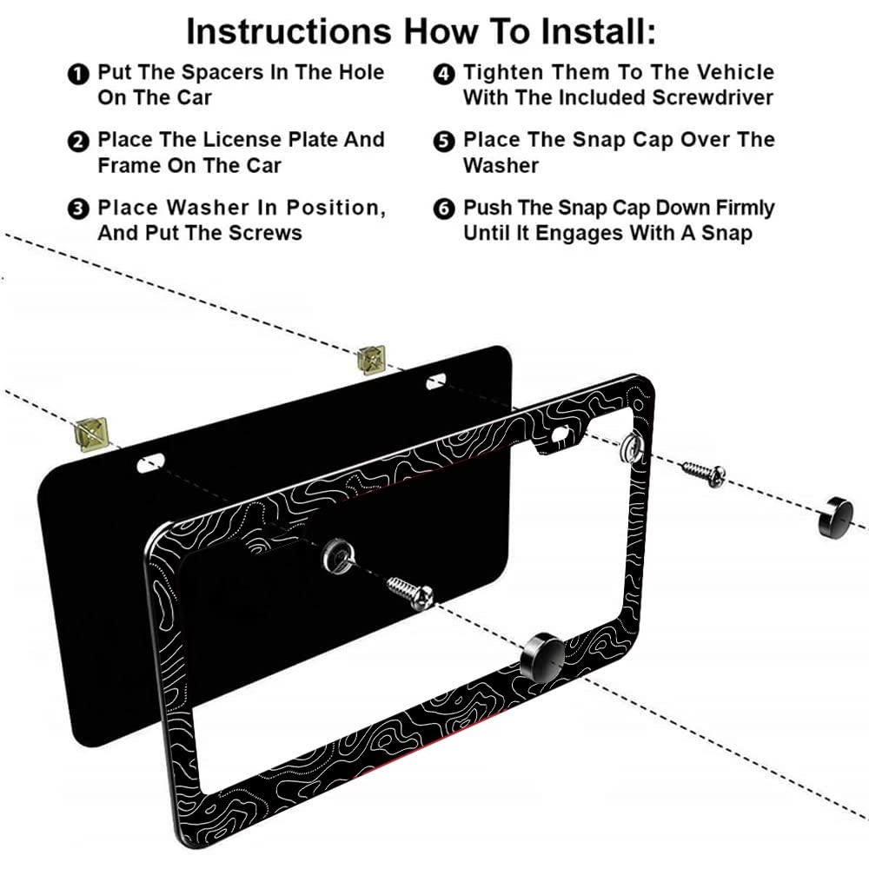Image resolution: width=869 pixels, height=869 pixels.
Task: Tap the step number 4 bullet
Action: [x=443, y=74]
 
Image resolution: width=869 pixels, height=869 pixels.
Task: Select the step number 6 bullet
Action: [x=443, y=209]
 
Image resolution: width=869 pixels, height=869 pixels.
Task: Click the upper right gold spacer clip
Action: [x=372, y=357]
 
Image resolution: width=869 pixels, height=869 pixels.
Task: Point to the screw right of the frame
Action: [x=703, y=473]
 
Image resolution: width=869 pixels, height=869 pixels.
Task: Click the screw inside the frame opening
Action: [x=409, y=592]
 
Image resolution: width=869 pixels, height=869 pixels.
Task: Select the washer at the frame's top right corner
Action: [x=630, y=447]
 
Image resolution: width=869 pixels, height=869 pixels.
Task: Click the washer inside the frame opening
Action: [x=336, y=552]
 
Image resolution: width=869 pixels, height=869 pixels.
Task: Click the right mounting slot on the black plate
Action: [x=435, y=381]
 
